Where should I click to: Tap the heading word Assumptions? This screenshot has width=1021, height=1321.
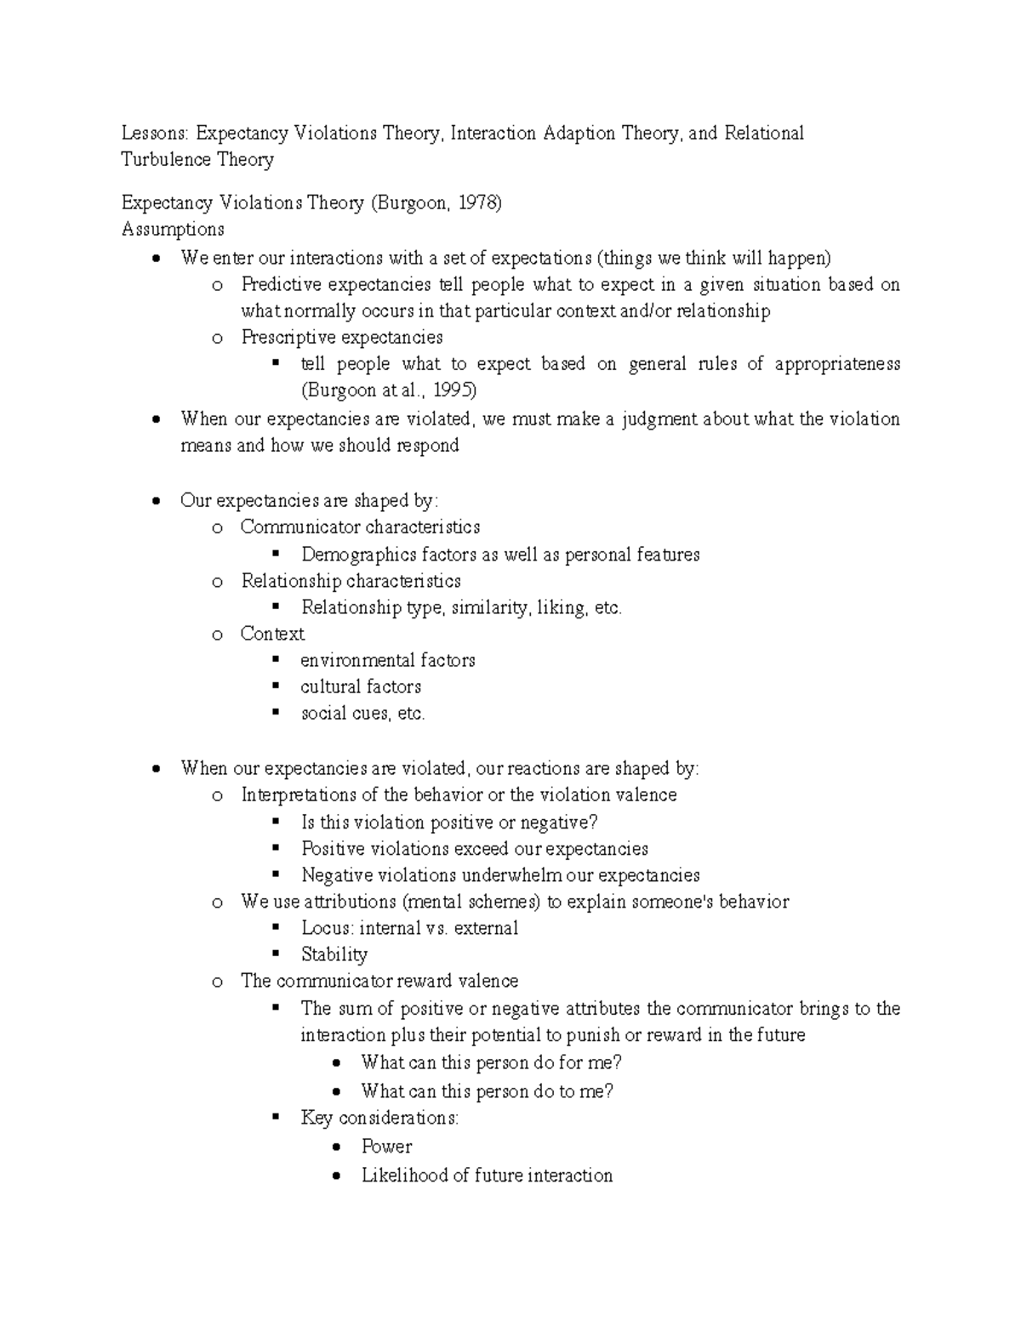click(173, 229)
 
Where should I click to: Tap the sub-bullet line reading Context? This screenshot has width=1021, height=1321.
click(272, 634)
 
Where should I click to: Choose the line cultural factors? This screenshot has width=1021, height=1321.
click(361, 686)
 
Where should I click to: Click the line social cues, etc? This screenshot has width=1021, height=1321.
click(362, 714)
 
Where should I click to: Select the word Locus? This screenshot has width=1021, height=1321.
click(326, 928)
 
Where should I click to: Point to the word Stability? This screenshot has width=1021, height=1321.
click(334, 954)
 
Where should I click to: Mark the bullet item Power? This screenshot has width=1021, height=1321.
click(386, 1146)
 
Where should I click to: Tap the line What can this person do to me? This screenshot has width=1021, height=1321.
click(487, 1090)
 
